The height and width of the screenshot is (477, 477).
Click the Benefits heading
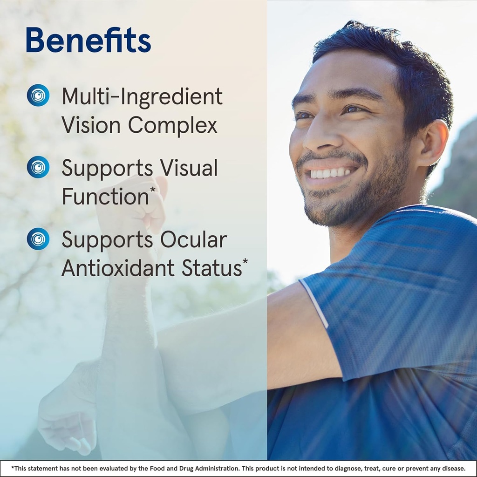coord(88,40)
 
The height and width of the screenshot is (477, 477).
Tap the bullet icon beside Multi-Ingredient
coord(38,95)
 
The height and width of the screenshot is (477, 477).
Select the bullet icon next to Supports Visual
coord(38,167)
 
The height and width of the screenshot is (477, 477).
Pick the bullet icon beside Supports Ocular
coord(38,239)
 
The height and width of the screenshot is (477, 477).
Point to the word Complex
coord(172,126)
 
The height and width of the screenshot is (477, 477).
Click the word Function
coord(104,197)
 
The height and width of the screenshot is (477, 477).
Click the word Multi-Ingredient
coord(142,97)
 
